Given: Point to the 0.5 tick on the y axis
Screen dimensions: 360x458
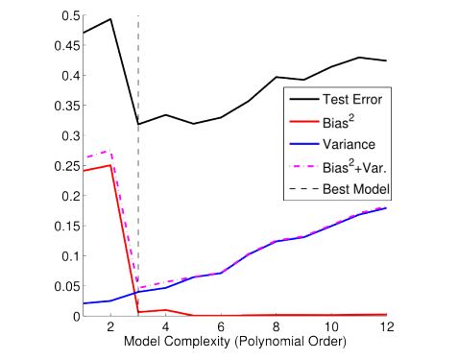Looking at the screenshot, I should click(67, 16).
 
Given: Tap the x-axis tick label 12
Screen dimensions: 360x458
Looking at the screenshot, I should click(386, 327).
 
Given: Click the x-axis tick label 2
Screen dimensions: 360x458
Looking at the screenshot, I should click(111, 327).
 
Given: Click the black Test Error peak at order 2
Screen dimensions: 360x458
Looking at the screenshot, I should click(111, 19).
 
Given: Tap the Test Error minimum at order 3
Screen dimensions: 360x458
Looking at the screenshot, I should click(139, 124).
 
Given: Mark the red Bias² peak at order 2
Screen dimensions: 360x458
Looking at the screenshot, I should click(111, 165).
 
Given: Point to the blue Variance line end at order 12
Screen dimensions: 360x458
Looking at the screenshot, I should click(386, 208).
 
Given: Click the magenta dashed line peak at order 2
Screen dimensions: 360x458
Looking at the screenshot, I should click(111, 151).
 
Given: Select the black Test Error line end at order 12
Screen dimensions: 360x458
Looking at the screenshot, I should click(386, 61).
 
